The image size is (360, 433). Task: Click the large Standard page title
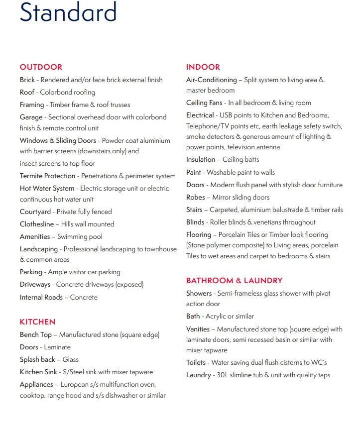[x=68, y=12]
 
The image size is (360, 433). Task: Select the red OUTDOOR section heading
[x=41, y=67]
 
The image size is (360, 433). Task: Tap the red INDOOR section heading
[x=203, y=67]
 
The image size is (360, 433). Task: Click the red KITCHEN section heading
[x=37, y=322]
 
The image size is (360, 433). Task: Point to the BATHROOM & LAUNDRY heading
[x=234, y=281]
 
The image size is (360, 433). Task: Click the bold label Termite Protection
[x=47, y=176]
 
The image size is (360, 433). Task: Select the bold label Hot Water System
[x=47, y=189]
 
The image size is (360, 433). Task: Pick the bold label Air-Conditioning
[x=211, y=80]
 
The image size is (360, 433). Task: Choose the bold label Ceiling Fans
[x=206, y=103]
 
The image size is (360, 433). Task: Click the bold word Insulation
[x=200, y=160]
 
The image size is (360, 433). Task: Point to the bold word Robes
[x=195, y=197]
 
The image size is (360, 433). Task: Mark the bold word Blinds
[x=195, y=222]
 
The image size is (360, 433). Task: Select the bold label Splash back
[x=37, y=359]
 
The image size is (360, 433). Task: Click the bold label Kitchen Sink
[x=38, y=372]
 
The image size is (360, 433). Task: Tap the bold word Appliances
[x=36, y=385]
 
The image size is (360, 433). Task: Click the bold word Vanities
[x=198, y=329]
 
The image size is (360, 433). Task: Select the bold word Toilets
[x=196, y=363]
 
